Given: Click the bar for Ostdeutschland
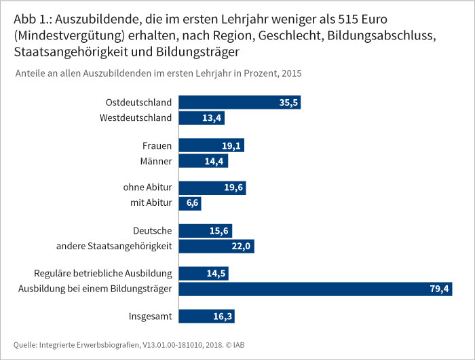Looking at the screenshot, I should [239, 103].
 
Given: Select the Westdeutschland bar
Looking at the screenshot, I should [201, 118].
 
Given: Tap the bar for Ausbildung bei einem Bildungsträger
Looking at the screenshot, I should [315, 289].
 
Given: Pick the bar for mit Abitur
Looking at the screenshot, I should [189, 203].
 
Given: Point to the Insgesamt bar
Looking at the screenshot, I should [206, 317].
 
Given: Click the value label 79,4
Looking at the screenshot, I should [438, 289].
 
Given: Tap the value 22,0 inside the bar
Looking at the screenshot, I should [242, 246].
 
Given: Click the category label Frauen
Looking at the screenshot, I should [157, 145].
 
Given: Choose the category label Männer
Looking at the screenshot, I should [156, 161].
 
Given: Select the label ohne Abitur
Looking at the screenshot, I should [147, 187].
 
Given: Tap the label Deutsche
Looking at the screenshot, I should [153, 230].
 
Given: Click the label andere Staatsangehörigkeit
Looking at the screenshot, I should [114, 246].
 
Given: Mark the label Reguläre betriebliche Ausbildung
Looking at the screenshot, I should [102, 274].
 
